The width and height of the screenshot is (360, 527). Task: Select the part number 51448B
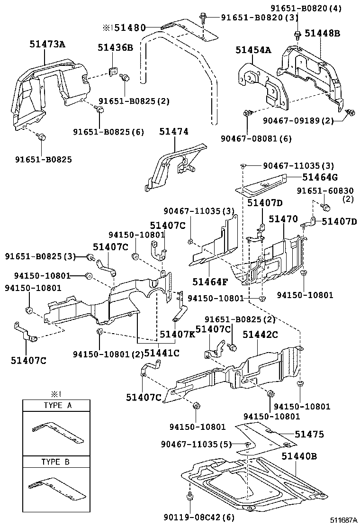[322, 33]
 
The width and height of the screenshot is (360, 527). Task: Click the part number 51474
[177, 134]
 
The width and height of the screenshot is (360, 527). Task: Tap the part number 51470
[283, 219]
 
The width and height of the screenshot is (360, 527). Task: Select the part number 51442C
[260, 334]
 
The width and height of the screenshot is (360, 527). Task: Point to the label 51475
[309, 434]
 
